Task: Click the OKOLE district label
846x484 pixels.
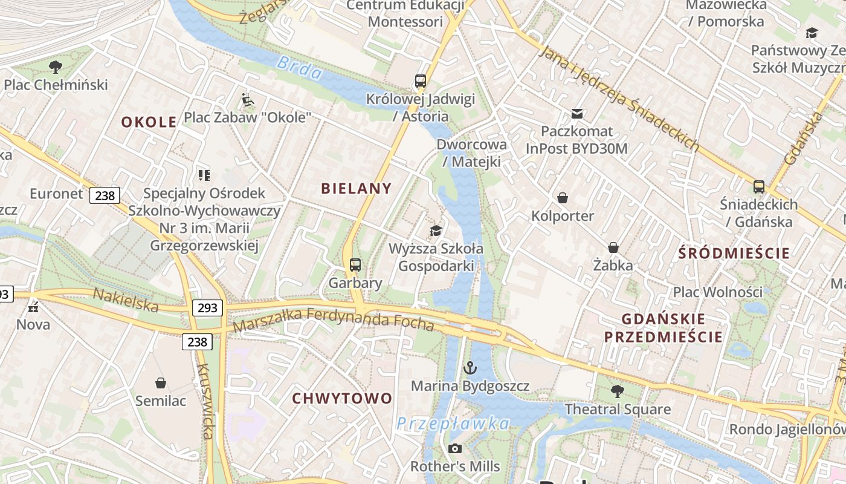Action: point(149,122)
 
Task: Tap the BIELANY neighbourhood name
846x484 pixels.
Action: point(356,188)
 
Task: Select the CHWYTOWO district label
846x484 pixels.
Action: point(342,399)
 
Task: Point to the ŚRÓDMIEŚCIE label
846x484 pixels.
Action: point(734,253)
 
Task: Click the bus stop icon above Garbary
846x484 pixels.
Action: point(355,264)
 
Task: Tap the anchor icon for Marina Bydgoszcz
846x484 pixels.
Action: point(470,367)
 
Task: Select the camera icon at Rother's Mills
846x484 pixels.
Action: point(455,448)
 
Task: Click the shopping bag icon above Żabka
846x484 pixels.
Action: point(613,247)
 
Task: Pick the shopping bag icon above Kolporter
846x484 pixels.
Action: point(562,198)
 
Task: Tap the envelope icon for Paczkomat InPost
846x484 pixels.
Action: point(576,113)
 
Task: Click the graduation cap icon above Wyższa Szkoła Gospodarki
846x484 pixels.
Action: point(436,231)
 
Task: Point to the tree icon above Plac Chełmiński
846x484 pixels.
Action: point(56,66)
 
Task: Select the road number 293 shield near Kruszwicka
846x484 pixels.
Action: point(207,308)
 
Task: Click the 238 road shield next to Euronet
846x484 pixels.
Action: point(105,195)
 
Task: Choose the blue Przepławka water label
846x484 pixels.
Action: point(453,423)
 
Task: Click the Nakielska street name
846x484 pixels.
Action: point(125,300)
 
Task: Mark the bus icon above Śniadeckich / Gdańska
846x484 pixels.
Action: point(759,187)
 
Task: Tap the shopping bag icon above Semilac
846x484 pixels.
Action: point(161,382)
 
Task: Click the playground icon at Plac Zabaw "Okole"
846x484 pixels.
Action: point(247,99)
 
